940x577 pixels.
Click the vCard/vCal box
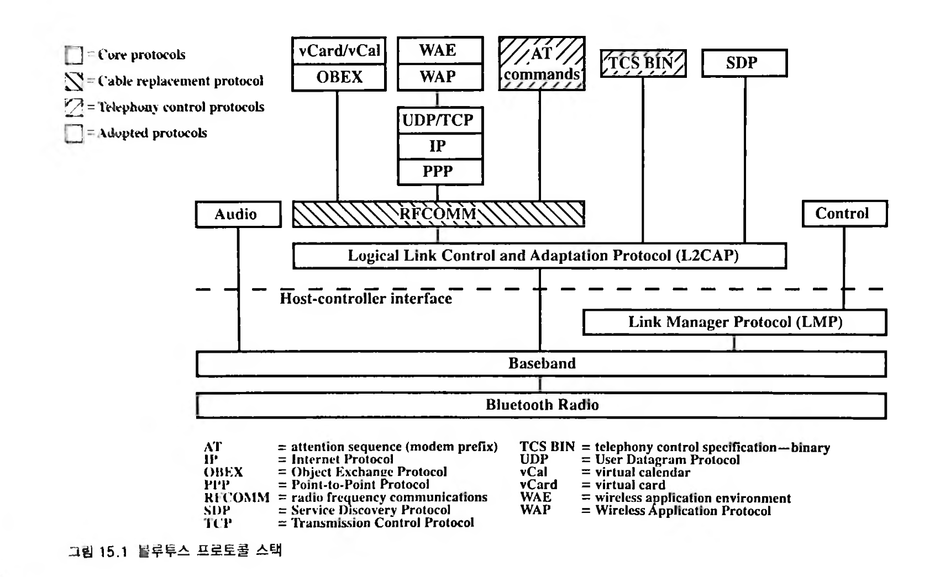[x=339, y=51]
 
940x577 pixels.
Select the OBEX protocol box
[x=339, y=77]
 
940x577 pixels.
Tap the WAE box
[x=440, y=51]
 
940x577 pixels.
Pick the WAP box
[x=440, y=77]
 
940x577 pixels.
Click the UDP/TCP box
[x=440, y=120]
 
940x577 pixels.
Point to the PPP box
[x=440, y=172]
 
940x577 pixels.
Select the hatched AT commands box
[x=542, y=63]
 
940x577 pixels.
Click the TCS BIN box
[x=643, y=63]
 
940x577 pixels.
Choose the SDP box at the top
[x=744, y=63]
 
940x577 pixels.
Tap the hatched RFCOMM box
[x=438, y=214]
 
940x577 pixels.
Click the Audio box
[x=238, y=214]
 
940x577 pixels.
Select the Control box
[x=844, y=214]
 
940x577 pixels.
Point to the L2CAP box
[x=539, y=256]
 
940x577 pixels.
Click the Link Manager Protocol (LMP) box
[x=734, y=322]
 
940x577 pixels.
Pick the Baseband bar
[x=541, y=364]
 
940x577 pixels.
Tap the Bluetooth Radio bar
[x=541, y=405]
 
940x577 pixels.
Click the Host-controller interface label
[x=365, y=299]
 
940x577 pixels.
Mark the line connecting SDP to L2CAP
[x=744, y=160]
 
